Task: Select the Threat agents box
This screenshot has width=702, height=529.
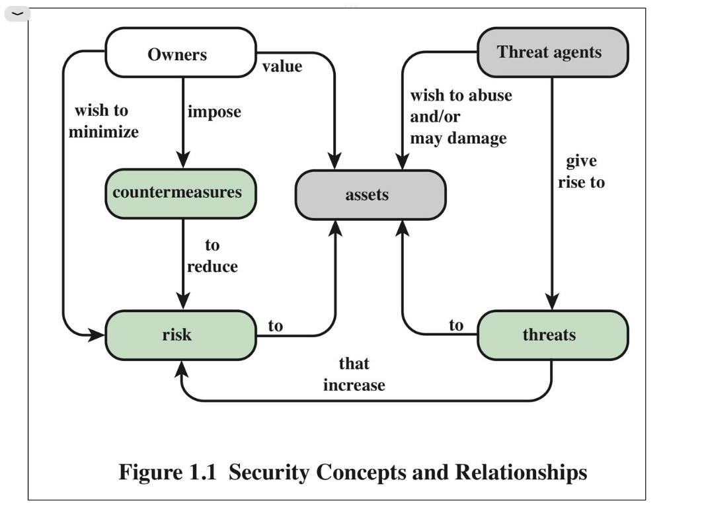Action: pos(552,52)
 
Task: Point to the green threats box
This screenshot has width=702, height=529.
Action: pos(552,335)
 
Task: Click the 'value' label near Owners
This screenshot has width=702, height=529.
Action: pos(282,66)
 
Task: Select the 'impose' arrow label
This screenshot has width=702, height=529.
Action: pos(214,112)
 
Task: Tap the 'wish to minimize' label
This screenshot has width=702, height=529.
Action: pos(104,121)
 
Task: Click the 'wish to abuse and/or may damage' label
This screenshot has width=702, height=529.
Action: pos(460,116)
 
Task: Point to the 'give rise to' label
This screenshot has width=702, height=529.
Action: pos(580,172)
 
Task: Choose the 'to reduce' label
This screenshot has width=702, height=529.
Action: pos(212,256)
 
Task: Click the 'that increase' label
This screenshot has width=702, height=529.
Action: pos(354,374)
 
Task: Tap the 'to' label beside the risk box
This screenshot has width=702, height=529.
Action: pos(275,325)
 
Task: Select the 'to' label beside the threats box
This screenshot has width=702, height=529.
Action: pos(456,325)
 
